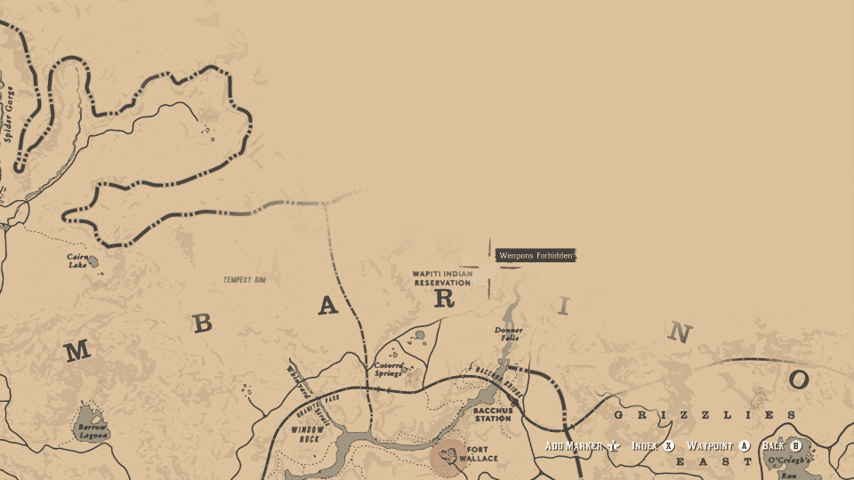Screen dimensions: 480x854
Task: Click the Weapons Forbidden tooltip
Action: coord(536,256)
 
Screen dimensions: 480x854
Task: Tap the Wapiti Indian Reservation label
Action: coord(441,278)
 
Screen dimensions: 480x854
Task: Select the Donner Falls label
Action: coord(509,334)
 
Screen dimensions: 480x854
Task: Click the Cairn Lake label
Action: coord(77,260)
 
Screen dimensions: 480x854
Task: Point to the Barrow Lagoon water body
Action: coord(89,417)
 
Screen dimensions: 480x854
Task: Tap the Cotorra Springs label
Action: coord(389,368)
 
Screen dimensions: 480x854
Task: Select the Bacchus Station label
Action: coord(492,413)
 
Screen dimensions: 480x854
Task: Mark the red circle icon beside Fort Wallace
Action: coord(448,457)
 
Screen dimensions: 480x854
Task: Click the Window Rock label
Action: coord(305,435)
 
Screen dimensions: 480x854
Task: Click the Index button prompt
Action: coord(654,445)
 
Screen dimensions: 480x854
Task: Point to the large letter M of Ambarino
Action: coord(77,352)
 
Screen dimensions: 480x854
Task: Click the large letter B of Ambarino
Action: coord(203,324)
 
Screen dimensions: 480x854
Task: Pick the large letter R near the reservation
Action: coord(444,300)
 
